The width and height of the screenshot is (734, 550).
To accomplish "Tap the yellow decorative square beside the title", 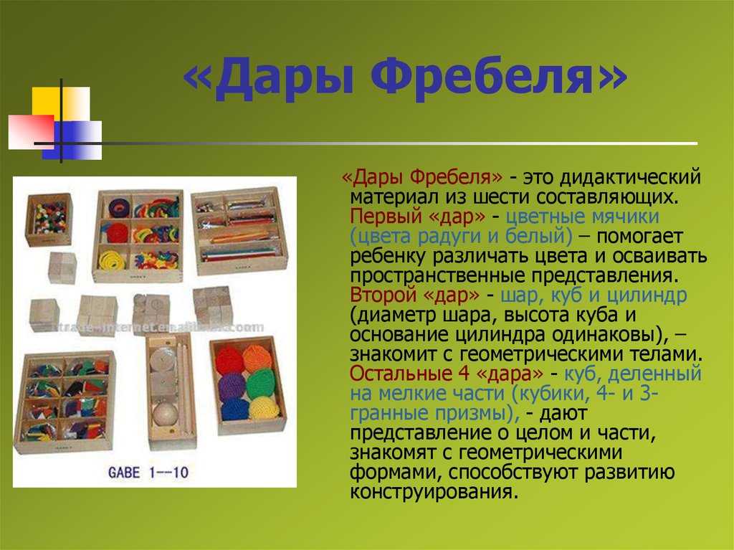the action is click(61, 103).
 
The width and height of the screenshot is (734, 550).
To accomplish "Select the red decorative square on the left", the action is click(32, 132).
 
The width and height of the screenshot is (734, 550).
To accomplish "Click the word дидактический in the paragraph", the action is click(631, 178).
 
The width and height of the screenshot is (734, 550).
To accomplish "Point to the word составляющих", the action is click(607, 197).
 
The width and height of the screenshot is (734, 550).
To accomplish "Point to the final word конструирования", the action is click(434, 492).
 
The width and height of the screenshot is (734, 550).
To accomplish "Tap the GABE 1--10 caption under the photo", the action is click(148, 473).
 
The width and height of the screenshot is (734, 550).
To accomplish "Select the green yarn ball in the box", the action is click(260, 384).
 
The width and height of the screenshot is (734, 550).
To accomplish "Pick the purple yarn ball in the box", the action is click(232, 387).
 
